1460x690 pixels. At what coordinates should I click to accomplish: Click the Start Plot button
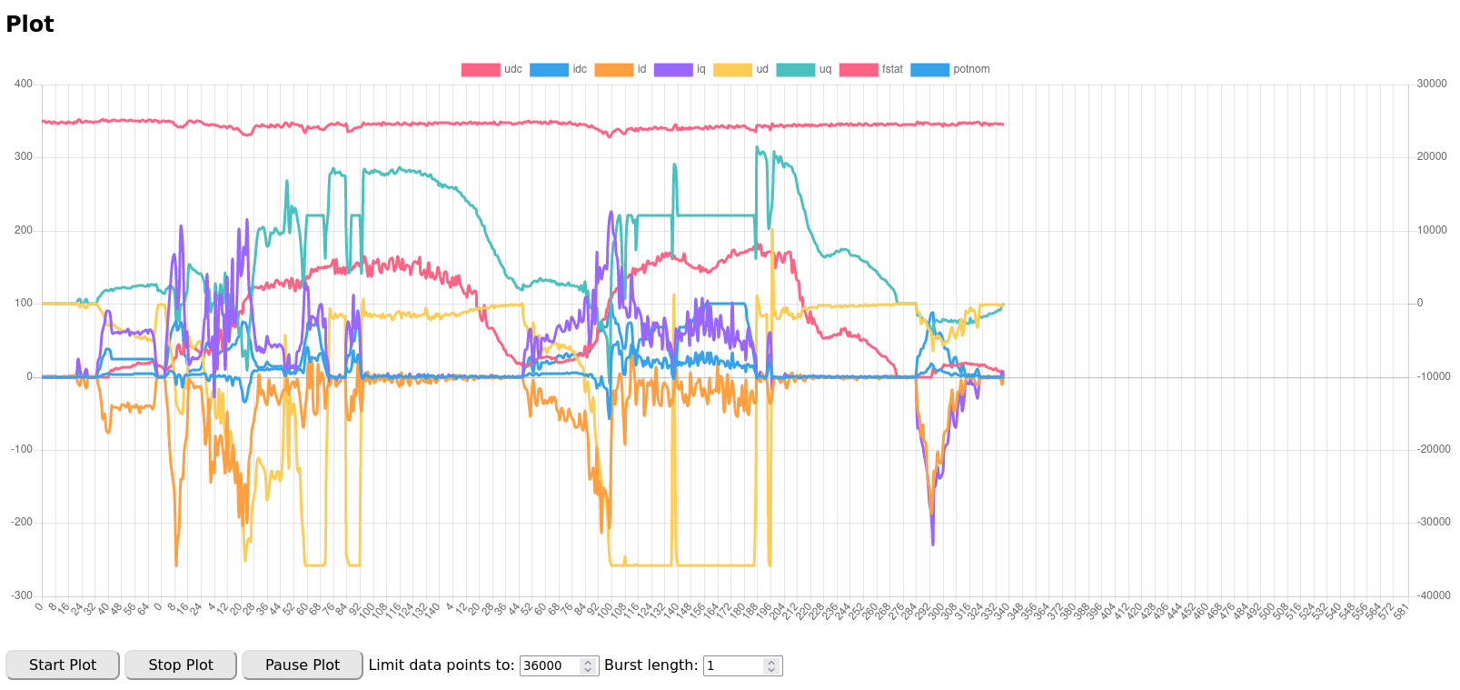click(x=63, y=665)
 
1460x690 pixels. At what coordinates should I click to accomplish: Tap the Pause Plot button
click(x=302, y=665)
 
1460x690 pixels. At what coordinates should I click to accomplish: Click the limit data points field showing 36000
click(x=550, y=665)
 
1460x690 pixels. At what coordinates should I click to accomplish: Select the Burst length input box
click(x=734, y=665)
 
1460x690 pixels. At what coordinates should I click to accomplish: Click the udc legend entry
click(x=492, y=69)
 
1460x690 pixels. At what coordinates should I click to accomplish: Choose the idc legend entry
click(x=559, y=69)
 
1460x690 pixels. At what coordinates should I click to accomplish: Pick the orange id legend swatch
click(x=614, y=69)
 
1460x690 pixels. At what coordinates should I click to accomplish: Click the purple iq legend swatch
click(x=673, y=69)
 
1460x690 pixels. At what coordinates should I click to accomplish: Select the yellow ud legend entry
click(x=741, y=69)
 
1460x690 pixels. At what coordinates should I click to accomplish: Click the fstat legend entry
click(x=871, y=69)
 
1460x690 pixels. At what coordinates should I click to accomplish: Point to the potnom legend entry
click(x=950, y=69)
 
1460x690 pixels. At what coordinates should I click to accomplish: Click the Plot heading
click(x=30, y=25)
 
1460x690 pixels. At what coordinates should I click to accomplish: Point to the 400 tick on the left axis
click(x=24, y=84)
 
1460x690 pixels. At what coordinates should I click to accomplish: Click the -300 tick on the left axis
click(x=22, y=595)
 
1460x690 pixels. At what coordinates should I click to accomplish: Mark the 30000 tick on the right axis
click(x=1432, y=84)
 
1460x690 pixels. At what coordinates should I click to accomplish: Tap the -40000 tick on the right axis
click(x=1434, y=595)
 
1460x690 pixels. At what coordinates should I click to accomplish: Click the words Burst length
click(x=651, y=665)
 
